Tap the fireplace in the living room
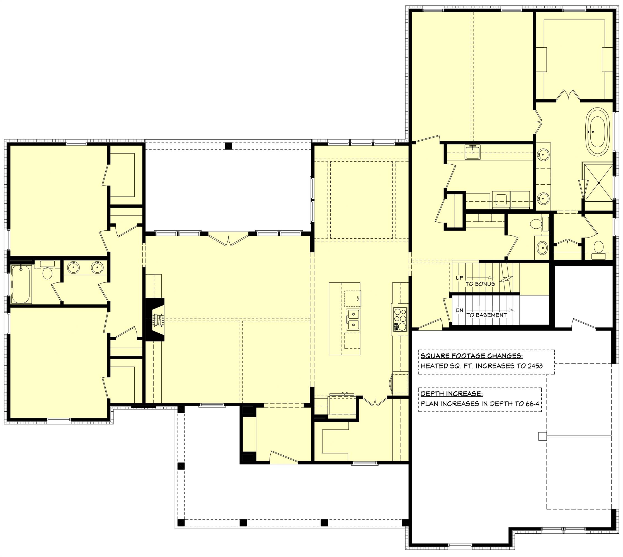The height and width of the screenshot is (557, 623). click(155, 319)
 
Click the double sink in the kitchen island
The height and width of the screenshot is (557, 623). click(353, 319)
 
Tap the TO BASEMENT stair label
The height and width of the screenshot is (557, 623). click(486, 315)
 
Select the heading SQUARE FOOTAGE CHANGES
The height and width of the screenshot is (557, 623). click(471, 356)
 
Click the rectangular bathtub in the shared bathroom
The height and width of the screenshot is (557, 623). click(21, 284)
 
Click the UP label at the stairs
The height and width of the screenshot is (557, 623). click(459, 278)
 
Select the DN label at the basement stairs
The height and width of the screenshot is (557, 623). click(459, 310)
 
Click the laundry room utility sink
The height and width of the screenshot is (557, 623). click(472, 152)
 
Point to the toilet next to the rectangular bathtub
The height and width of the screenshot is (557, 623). click(47, 273)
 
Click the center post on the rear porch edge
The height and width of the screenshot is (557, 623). click(228, 146)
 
